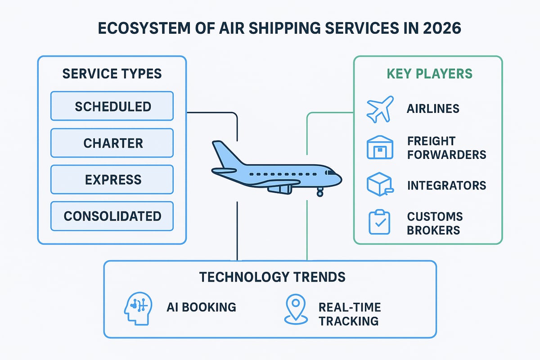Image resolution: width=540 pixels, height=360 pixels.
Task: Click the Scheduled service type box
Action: [x=112, y=106]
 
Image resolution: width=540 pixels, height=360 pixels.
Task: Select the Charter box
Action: [x=112, y=143]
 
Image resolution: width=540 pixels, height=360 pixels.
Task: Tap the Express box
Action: [x=112, y=180]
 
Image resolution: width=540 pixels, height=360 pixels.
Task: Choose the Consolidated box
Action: [x=112, y=216]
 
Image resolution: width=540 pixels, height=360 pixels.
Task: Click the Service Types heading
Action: [x=112, y=73]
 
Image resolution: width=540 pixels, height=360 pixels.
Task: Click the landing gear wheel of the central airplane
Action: [x=320, y=193]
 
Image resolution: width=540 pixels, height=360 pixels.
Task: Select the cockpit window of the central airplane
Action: [x=332, y=172]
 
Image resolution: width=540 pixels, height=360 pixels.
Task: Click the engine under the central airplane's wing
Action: [x=279, y=189]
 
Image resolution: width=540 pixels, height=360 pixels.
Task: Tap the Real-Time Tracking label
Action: [x=349, y=314]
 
